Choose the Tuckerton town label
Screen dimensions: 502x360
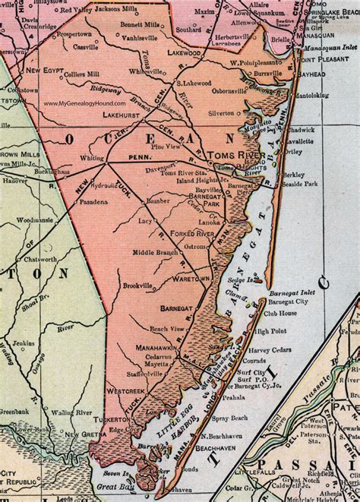click(109, 418)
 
